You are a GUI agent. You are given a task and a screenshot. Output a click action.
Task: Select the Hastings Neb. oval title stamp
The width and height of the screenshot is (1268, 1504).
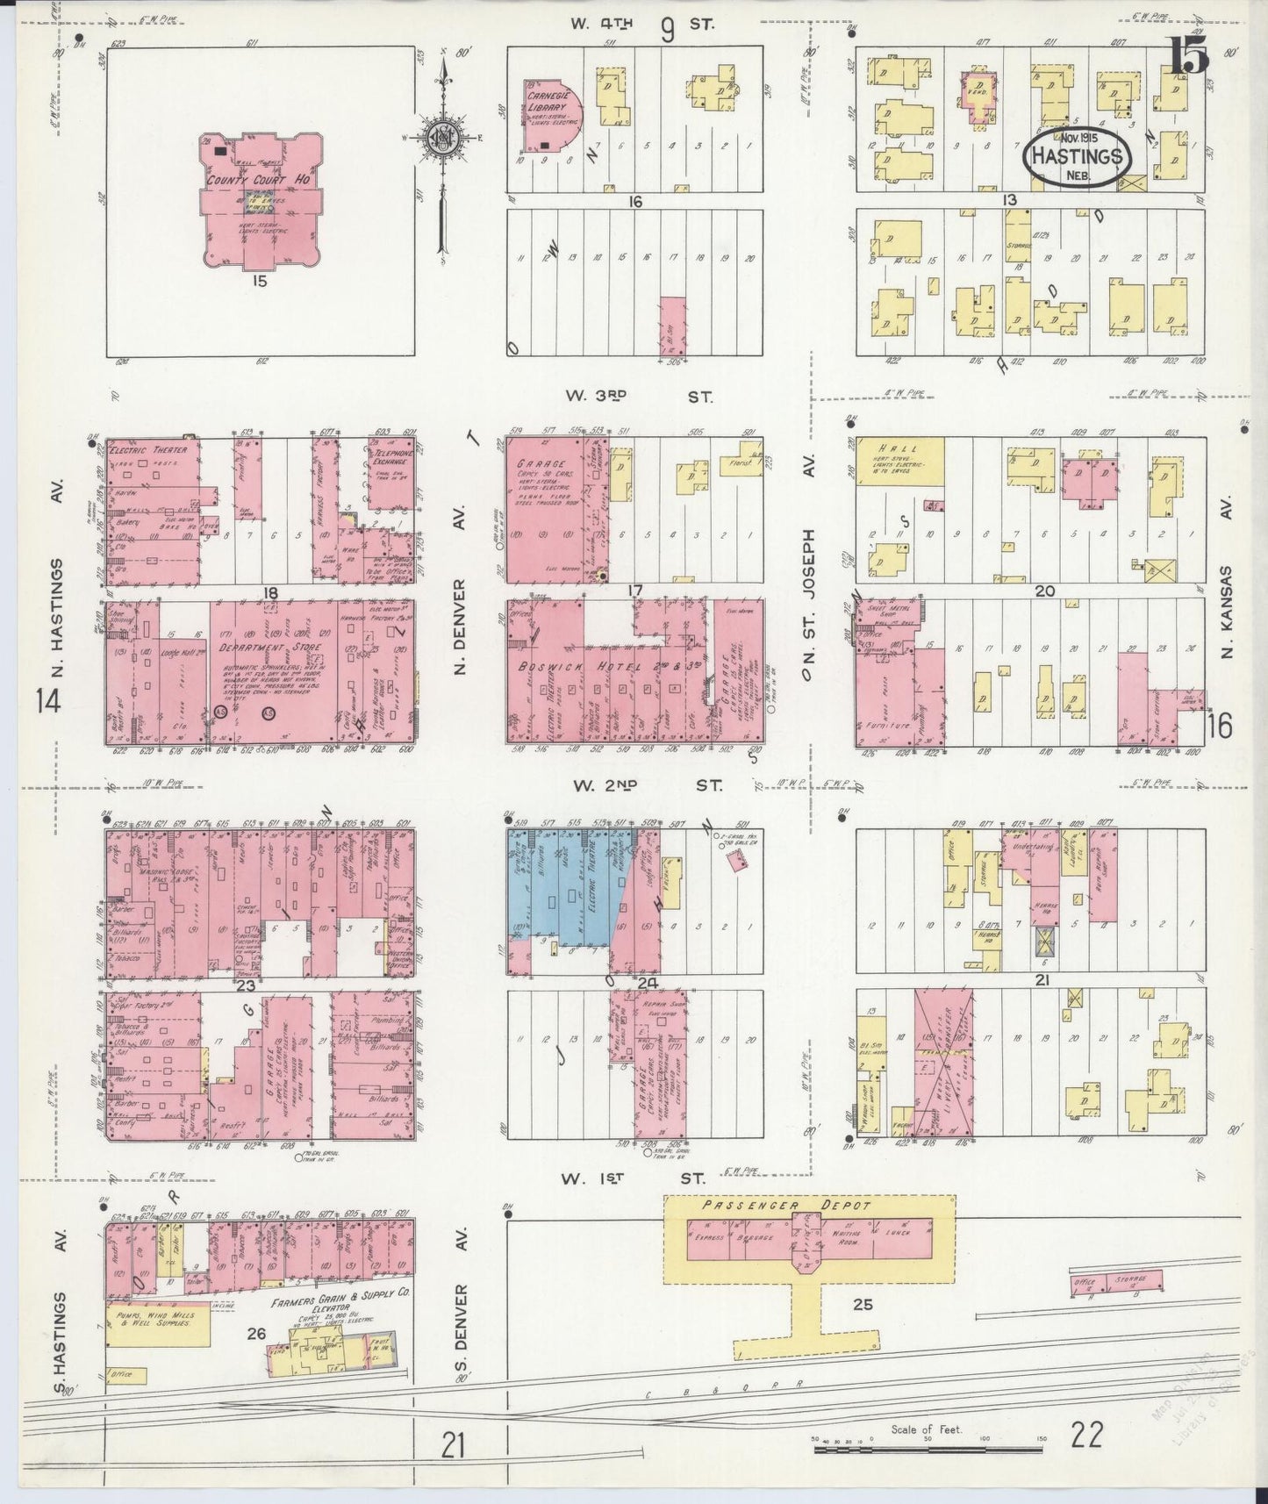[x=1077, y=157]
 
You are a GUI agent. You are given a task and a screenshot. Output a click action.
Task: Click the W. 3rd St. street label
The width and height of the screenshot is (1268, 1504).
[x=638, y=397]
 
